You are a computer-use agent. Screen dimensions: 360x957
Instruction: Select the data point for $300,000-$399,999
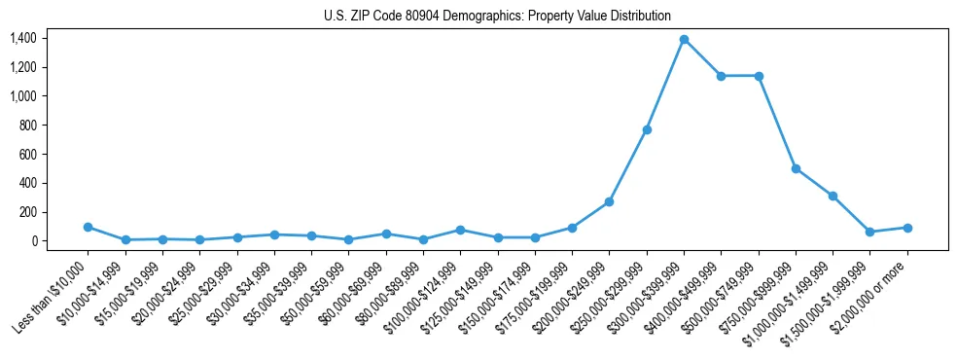point(684,40)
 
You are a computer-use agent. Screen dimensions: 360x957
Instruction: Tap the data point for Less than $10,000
point(88,227)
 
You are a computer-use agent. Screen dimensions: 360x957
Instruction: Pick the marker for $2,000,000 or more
point(906,228)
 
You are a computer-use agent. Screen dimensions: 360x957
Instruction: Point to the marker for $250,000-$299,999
point(647,129)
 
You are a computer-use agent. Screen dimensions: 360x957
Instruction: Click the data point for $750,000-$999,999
point(796,168)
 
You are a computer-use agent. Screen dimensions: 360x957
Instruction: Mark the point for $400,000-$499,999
point(721,76)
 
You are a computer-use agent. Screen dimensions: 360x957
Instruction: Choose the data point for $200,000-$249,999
point(609,201)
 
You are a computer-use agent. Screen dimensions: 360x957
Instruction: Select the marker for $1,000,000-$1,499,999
point(833,196)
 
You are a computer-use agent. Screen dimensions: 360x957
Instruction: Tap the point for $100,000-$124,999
point(460,230)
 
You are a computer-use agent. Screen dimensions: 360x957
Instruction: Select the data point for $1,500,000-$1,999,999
point(869,232)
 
